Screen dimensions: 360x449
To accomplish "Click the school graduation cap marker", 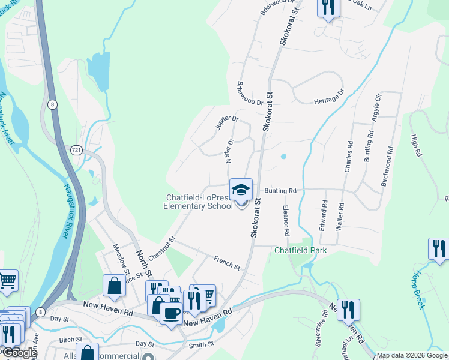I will click(x=241, y=190).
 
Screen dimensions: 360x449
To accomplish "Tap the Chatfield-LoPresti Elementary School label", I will click(x=198, y=202).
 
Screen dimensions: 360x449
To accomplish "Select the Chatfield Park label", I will click(x=301, y=250).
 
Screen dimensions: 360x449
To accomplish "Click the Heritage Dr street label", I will click(x=330, y=98).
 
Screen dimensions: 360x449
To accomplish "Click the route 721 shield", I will click(x=76, y=148).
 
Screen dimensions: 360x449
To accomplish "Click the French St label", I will click(x=227, y=262).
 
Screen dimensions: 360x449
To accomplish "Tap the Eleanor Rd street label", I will click(x=286, y=220).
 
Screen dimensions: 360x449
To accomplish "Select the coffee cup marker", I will click(x=172, y=313).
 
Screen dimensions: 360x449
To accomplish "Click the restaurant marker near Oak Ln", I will click(x=328, y=7).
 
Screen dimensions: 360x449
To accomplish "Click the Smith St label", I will click(x=201, y=344).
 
